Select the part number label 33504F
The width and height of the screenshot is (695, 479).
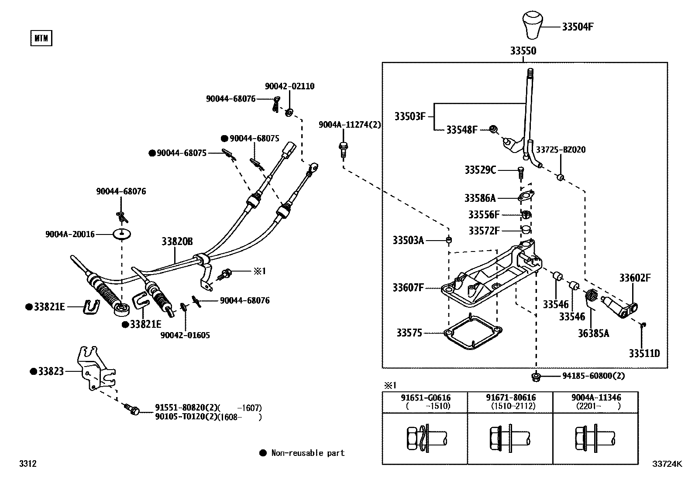coord(577,27)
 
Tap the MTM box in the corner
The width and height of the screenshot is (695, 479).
coord(41,38)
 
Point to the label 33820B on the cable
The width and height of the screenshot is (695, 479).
coord(177,241)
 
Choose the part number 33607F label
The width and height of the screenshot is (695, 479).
coord(408,288)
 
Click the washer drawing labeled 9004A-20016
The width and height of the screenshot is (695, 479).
coord(123,234)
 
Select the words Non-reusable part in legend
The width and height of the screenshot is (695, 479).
coord(308,453)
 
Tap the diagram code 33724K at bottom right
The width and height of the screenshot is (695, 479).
coord(667,464)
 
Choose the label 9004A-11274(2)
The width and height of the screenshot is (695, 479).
coord(349,125)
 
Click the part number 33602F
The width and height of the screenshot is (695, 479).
coord(635,278)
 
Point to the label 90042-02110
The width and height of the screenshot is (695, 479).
coord(289,86)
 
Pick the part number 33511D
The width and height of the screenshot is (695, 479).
coord(644,353)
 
